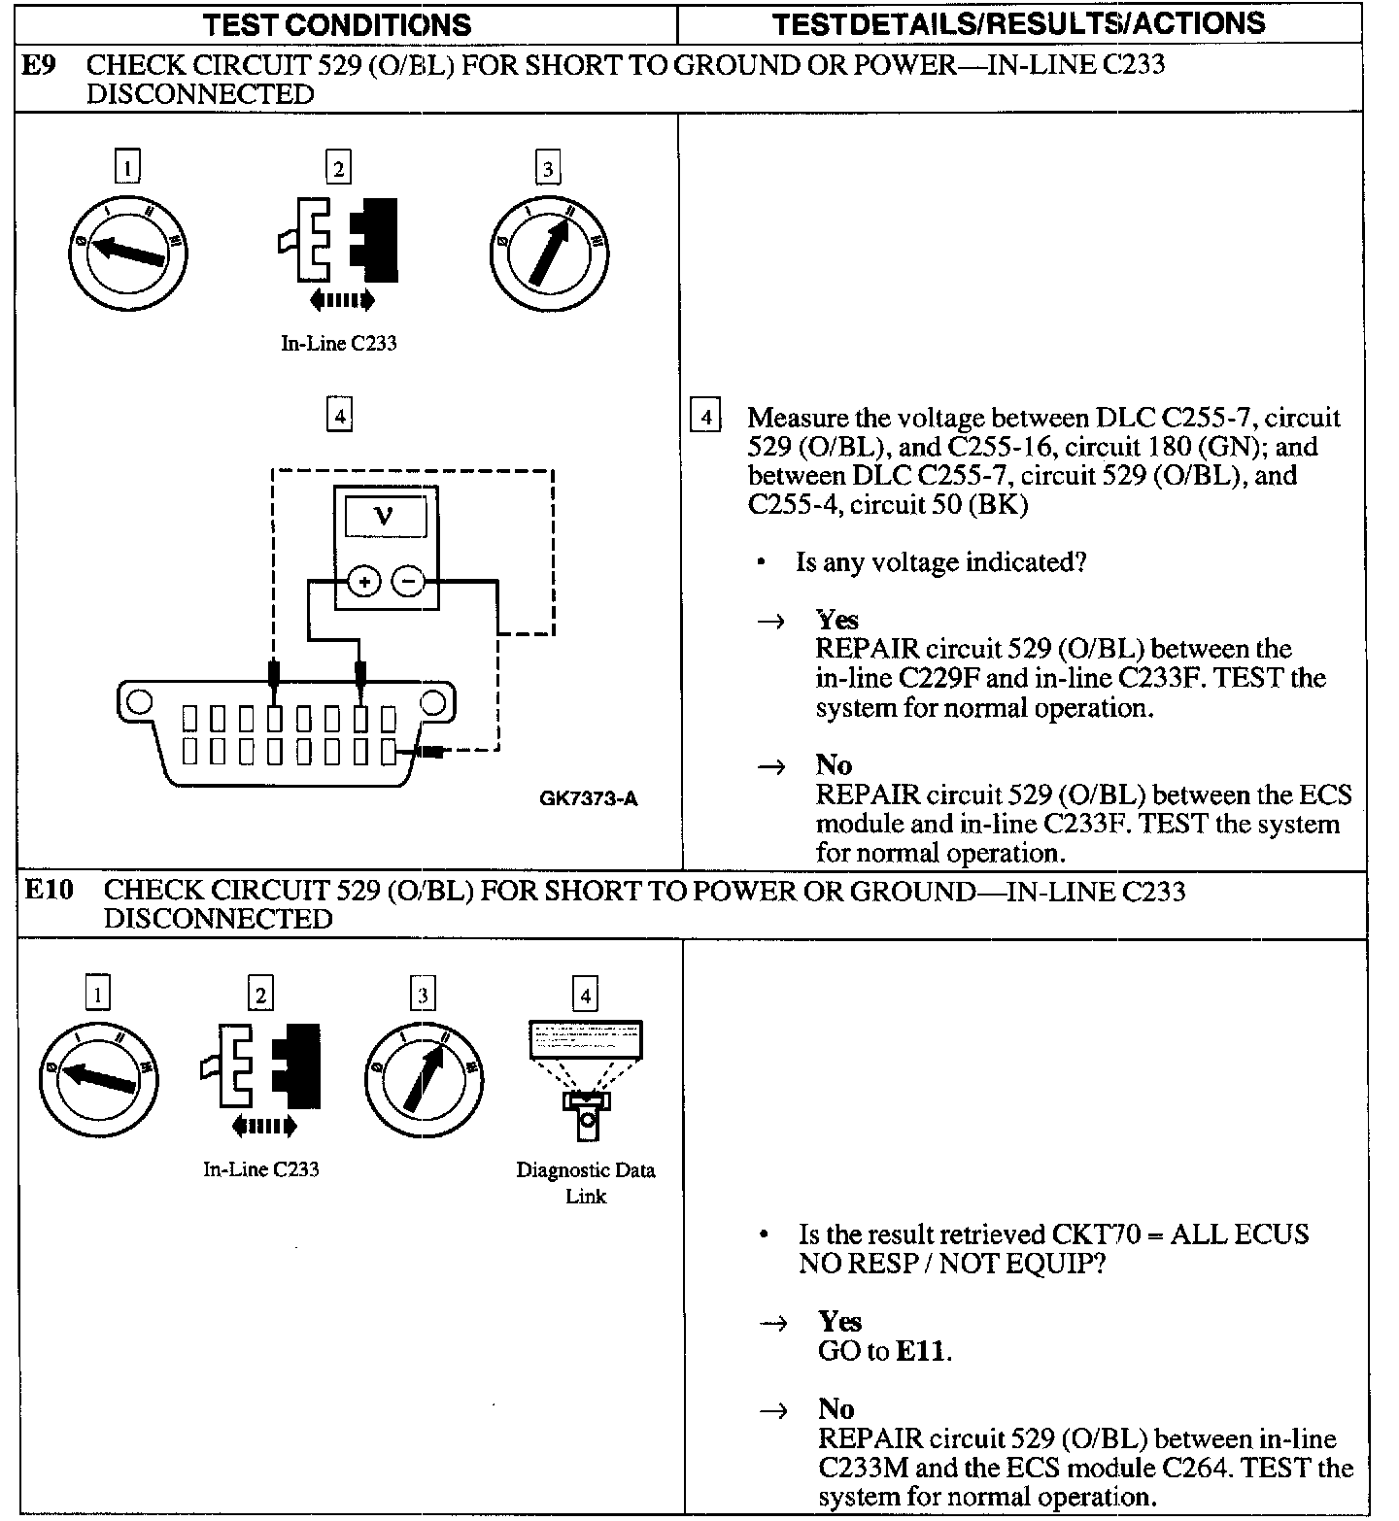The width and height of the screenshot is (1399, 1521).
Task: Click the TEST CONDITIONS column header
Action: click(x=337, y=24)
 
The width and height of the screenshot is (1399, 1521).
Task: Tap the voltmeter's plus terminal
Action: click(x=364, y=583)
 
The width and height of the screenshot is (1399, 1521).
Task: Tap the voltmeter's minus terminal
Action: click(x=408, y=583)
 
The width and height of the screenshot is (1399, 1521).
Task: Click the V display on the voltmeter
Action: click(x=384, y=516)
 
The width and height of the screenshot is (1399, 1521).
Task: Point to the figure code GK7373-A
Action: click(x=589, y=799)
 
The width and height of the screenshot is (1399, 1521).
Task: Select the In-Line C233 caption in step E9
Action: click(x=338, y=343)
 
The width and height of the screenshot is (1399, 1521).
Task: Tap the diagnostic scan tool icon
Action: click(x=585, y=1078)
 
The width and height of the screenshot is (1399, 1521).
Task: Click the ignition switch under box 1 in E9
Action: click(x=128, y=253)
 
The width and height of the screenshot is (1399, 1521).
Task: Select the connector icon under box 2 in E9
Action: click(x=339, y=239)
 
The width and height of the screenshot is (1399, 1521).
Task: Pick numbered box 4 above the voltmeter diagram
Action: click(x=338, y=416)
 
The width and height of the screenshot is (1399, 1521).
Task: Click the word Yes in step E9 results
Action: click(x=836, y=620)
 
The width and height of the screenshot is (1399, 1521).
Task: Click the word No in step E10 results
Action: click(x=836, y=1408)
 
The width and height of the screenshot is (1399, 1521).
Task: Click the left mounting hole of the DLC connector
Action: click(x=140, y=701)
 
